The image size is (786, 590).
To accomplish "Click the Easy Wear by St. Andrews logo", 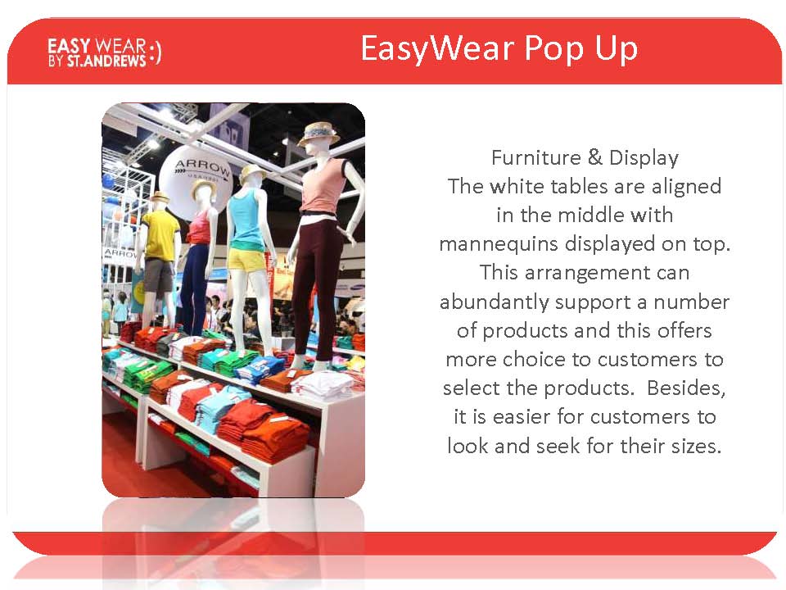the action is click(x=104, y=52).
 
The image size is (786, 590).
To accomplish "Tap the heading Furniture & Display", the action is click(x=585, y=157).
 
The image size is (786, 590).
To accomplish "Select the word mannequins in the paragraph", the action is click(x=499, y=244).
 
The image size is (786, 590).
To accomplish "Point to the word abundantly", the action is click(x=494, y=302).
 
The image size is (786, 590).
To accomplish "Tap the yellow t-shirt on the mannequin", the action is click(x=160, y=235).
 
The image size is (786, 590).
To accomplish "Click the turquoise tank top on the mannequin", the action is click(x=245, y=222).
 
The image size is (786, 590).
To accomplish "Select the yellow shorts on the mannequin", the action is click(x=246, y=259).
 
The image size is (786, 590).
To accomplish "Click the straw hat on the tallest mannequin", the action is click(x=318, y=132).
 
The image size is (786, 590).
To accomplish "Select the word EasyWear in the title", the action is click(x=437, y=48).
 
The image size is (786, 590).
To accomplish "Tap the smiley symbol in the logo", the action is click(x=156, y=52).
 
